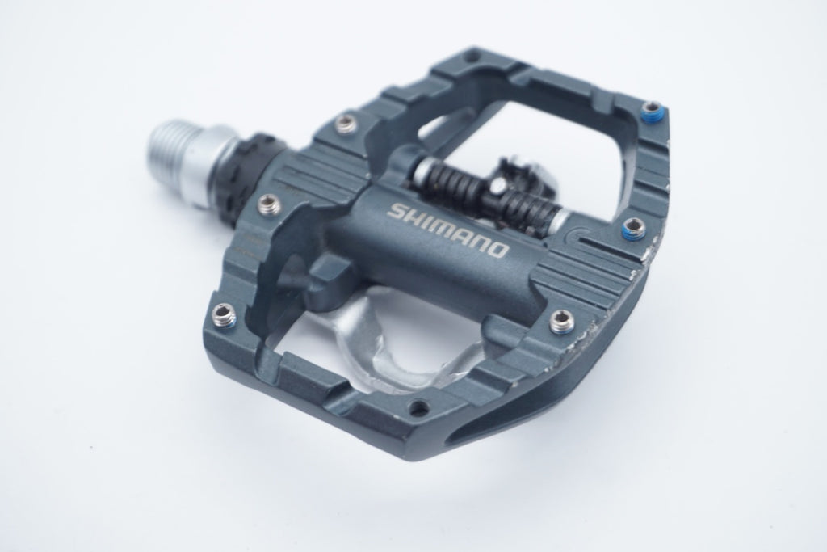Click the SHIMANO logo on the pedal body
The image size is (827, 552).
[448, 229]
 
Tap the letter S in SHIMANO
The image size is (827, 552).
[397, 211]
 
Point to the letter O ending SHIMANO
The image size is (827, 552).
[499, 250]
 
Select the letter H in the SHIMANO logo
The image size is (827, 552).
[414, 217]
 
